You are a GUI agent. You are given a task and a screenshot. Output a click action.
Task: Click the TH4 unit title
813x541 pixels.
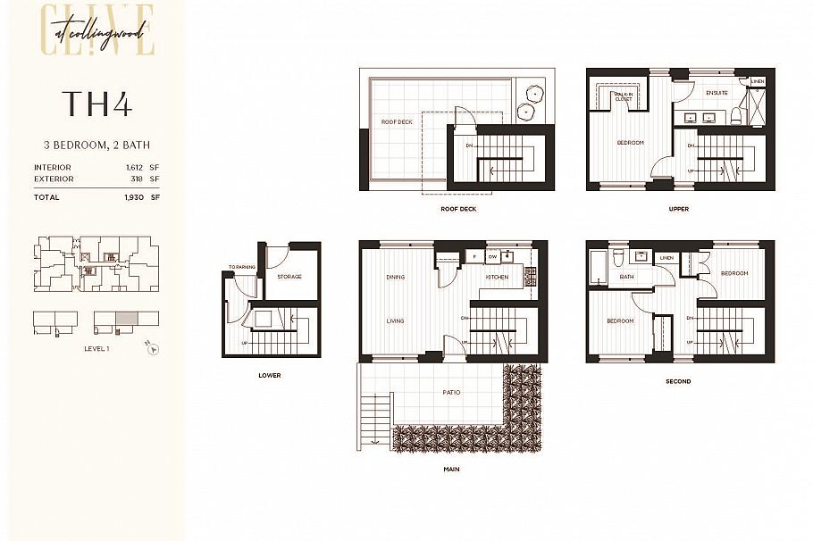click(x=96, y=104)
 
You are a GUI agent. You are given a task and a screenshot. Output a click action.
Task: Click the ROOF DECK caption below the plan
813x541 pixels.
click(x=458, y=209)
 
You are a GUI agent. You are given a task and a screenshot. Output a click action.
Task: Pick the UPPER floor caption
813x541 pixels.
click(x=679, y=209)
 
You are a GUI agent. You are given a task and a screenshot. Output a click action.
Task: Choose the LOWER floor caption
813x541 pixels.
click(x=269, y=375)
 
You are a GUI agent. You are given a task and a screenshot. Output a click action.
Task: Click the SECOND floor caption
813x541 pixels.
click(x=678, y=381)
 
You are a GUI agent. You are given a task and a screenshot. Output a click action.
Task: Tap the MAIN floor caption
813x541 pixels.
click(x=451, y=469)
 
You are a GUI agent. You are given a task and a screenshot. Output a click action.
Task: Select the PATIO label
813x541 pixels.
click(x=451, y=392)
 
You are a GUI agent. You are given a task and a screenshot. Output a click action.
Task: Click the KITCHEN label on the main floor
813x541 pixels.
click(x=497, y=277)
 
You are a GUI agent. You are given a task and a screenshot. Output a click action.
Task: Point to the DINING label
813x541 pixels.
click(x=395, y=277)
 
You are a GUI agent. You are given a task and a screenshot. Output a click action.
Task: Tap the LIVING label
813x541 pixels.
click(x=395, y=320)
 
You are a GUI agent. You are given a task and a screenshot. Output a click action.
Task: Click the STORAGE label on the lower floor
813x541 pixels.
click(x=289, y=277)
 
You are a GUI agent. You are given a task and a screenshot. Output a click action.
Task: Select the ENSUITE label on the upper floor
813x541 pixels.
click(x=717, y=93)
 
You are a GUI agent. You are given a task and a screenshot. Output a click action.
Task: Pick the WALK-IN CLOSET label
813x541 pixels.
click(x=623, y=97)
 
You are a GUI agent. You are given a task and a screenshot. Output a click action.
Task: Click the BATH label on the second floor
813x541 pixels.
click(x=626, y=277)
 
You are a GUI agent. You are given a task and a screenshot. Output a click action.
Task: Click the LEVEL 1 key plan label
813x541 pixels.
click(x=96, y=348)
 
